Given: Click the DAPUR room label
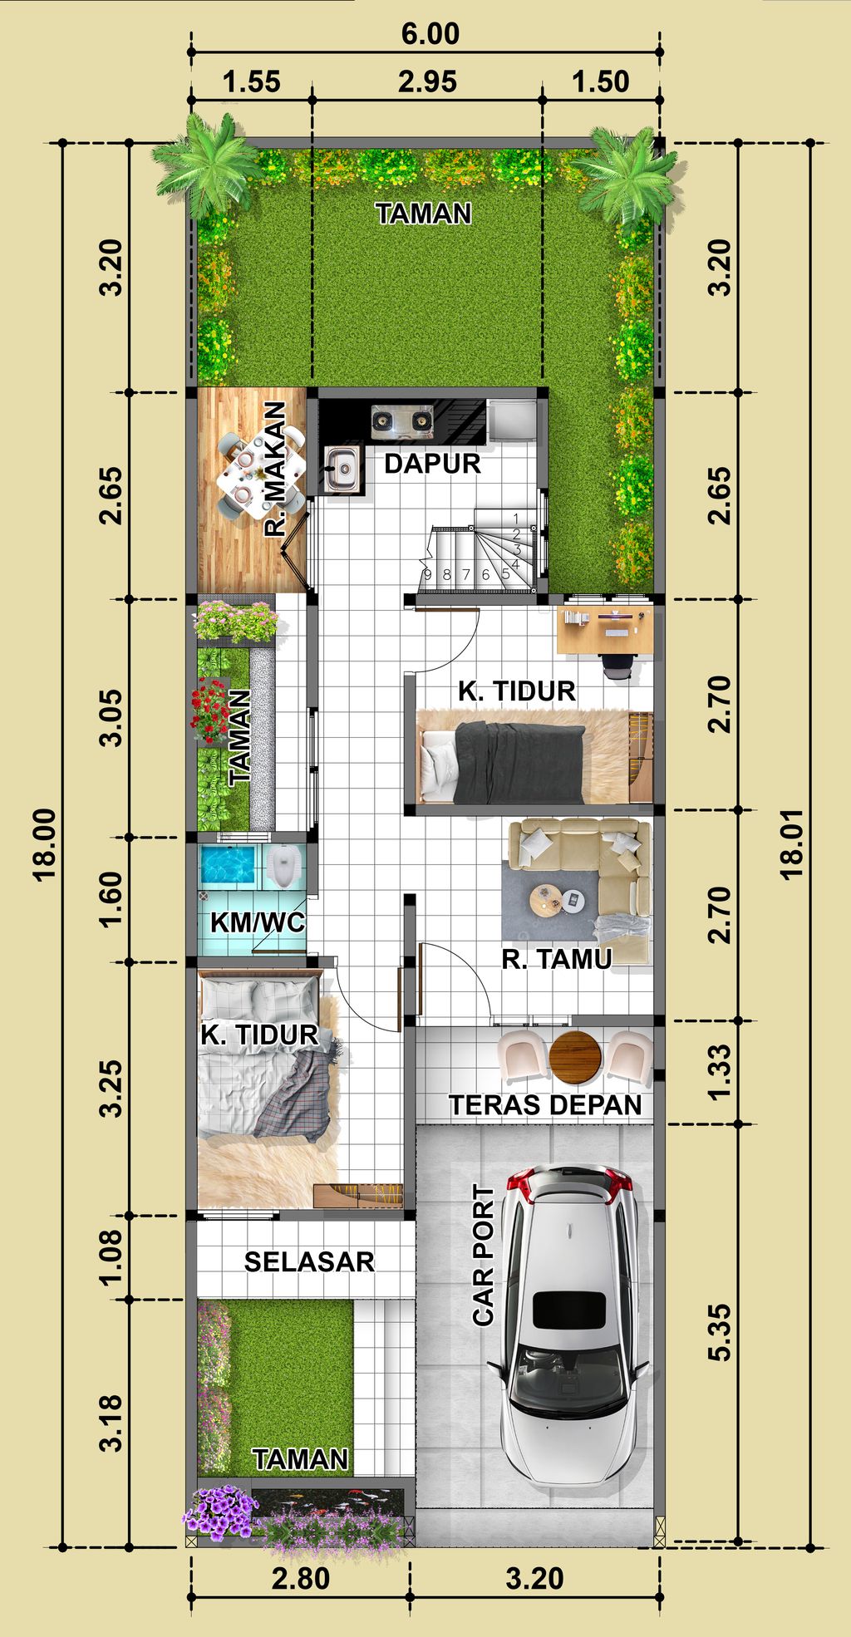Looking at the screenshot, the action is (x=432, y=463).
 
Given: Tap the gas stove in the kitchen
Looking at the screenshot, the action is (x=402, y=420).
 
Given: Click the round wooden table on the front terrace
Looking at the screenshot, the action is (x=575, y=1057).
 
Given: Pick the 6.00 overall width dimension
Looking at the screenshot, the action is (x=430, y=34).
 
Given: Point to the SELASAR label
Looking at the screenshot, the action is (x=309, y=1261).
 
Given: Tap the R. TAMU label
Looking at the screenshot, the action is (x=556, y=959).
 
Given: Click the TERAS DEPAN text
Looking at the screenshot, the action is (x=545, y=1104).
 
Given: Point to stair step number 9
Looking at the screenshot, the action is (x=427, y=574).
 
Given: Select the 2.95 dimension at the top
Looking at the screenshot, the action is (x=427, y=81).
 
